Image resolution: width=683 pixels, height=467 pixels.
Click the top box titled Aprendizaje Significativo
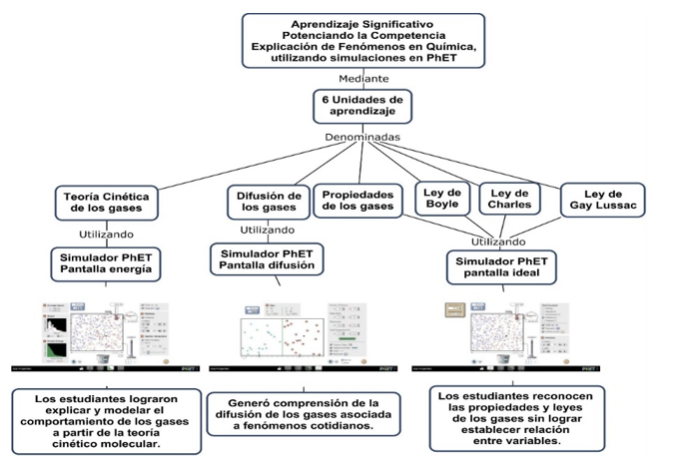click(x=363, y=41)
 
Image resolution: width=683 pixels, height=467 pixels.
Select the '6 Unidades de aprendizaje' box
click(x=362, y=107)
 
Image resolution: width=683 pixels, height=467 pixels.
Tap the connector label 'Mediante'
click(x=363, y=78)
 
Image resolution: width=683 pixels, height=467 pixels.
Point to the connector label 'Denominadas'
click(x=362, y=137)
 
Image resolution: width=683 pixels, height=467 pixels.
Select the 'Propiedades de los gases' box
click(x=358, y=199)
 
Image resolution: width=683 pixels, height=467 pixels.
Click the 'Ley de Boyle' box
click(x=442, y=199)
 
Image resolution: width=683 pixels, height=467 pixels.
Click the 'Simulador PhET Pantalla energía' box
click(x=105, y=263)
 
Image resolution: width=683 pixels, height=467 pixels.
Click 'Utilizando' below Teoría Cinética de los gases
click(x=106, y=234)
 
